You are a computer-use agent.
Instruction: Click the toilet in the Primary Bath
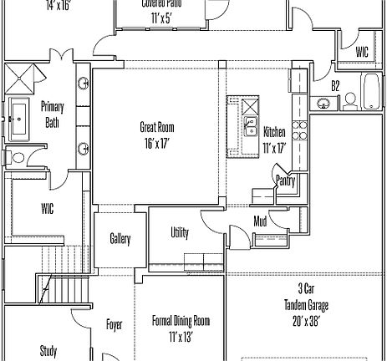(x=17, y=156)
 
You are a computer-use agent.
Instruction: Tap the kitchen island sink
(x=249, y=126)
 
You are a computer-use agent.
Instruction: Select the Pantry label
(x=286, y=178)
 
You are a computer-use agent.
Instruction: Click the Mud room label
(x=261, y=221)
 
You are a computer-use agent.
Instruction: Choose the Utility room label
(x=180, y=232)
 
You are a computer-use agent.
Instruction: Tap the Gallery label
(x=120, y=239)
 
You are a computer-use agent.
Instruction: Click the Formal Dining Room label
(x=181, y=321)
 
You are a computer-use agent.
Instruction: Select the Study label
(x=48, y=351)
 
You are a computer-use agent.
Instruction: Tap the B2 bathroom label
(x=335, y=85)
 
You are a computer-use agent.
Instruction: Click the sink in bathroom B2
(x=323, y=103)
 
